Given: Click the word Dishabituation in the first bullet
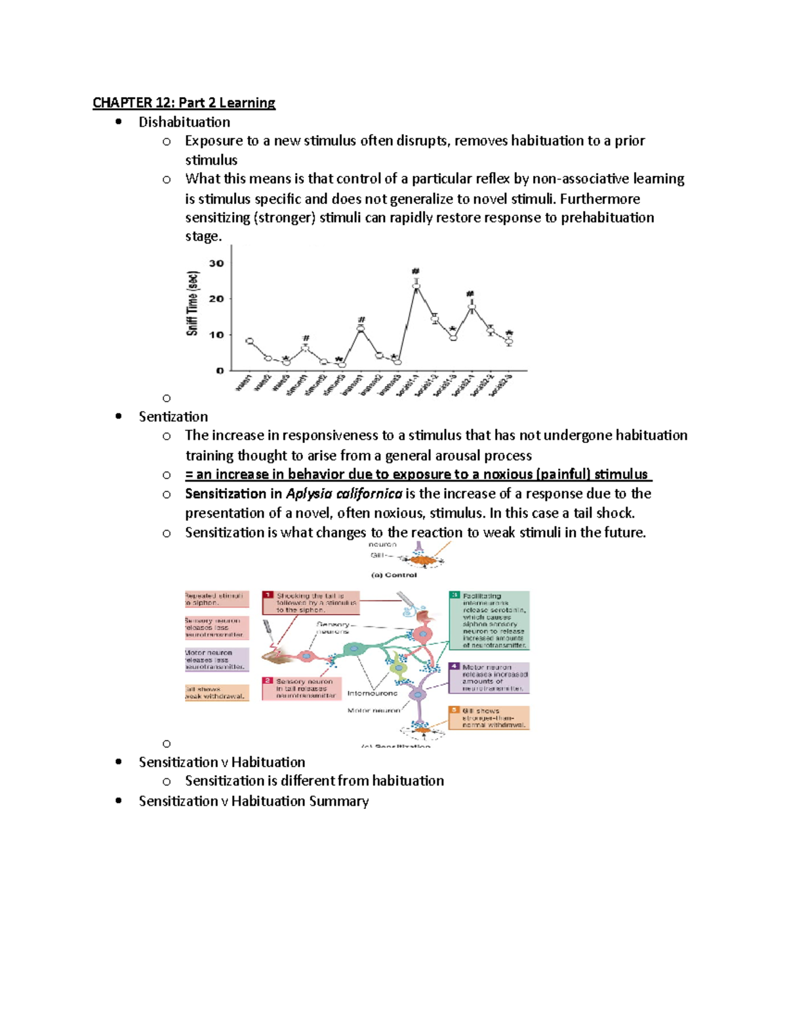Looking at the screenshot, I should pyautogui.click(x=184, y=122).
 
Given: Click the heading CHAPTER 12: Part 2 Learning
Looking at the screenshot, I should pyautogui.click(x=184, y=103).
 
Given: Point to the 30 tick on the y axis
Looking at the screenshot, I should pyautogui.click(x=216, y=264).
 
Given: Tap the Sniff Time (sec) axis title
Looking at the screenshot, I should pyautogui.click(x=192, y=303).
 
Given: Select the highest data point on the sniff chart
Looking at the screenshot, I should pyautogui.click(x=416, y=285).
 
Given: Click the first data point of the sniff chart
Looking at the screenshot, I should pyautogui.click(x=249, y=341).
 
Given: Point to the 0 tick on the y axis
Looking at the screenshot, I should pyautogui.click(x=220, y=371).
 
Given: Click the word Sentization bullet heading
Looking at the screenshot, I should pyautogui.click(x=173, y=417).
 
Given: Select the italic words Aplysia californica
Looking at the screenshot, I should pyautogui.click(x=344, y=494).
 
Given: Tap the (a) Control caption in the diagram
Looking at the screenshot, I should pyautogui.click(x=394, y=575).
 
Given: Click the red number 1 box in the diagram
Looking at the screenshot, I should pyautogui.click(x=268, y=595).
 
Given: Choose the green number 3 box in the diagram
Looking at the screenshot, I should pyautogui.click(x=454, y=595).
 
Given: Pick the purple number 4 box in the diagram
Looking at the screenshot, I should pyautogui.click(x=454, y=667).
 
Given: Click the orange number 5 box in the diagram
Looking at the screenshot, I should pyautogui.click(x=454, y=710).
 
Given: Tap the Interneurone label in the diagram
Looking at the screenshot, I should pyautogui.click(x=372, y=694).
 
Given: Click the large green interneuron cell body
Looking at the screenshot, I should pyautogui.click(x=355, y=648).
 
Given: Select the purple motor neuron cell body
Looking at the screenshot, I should pyautogui.click(x=417, y=694).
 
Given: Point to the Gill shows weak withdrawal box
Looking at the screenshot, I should pyautogui.click(x=216, y=693).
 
